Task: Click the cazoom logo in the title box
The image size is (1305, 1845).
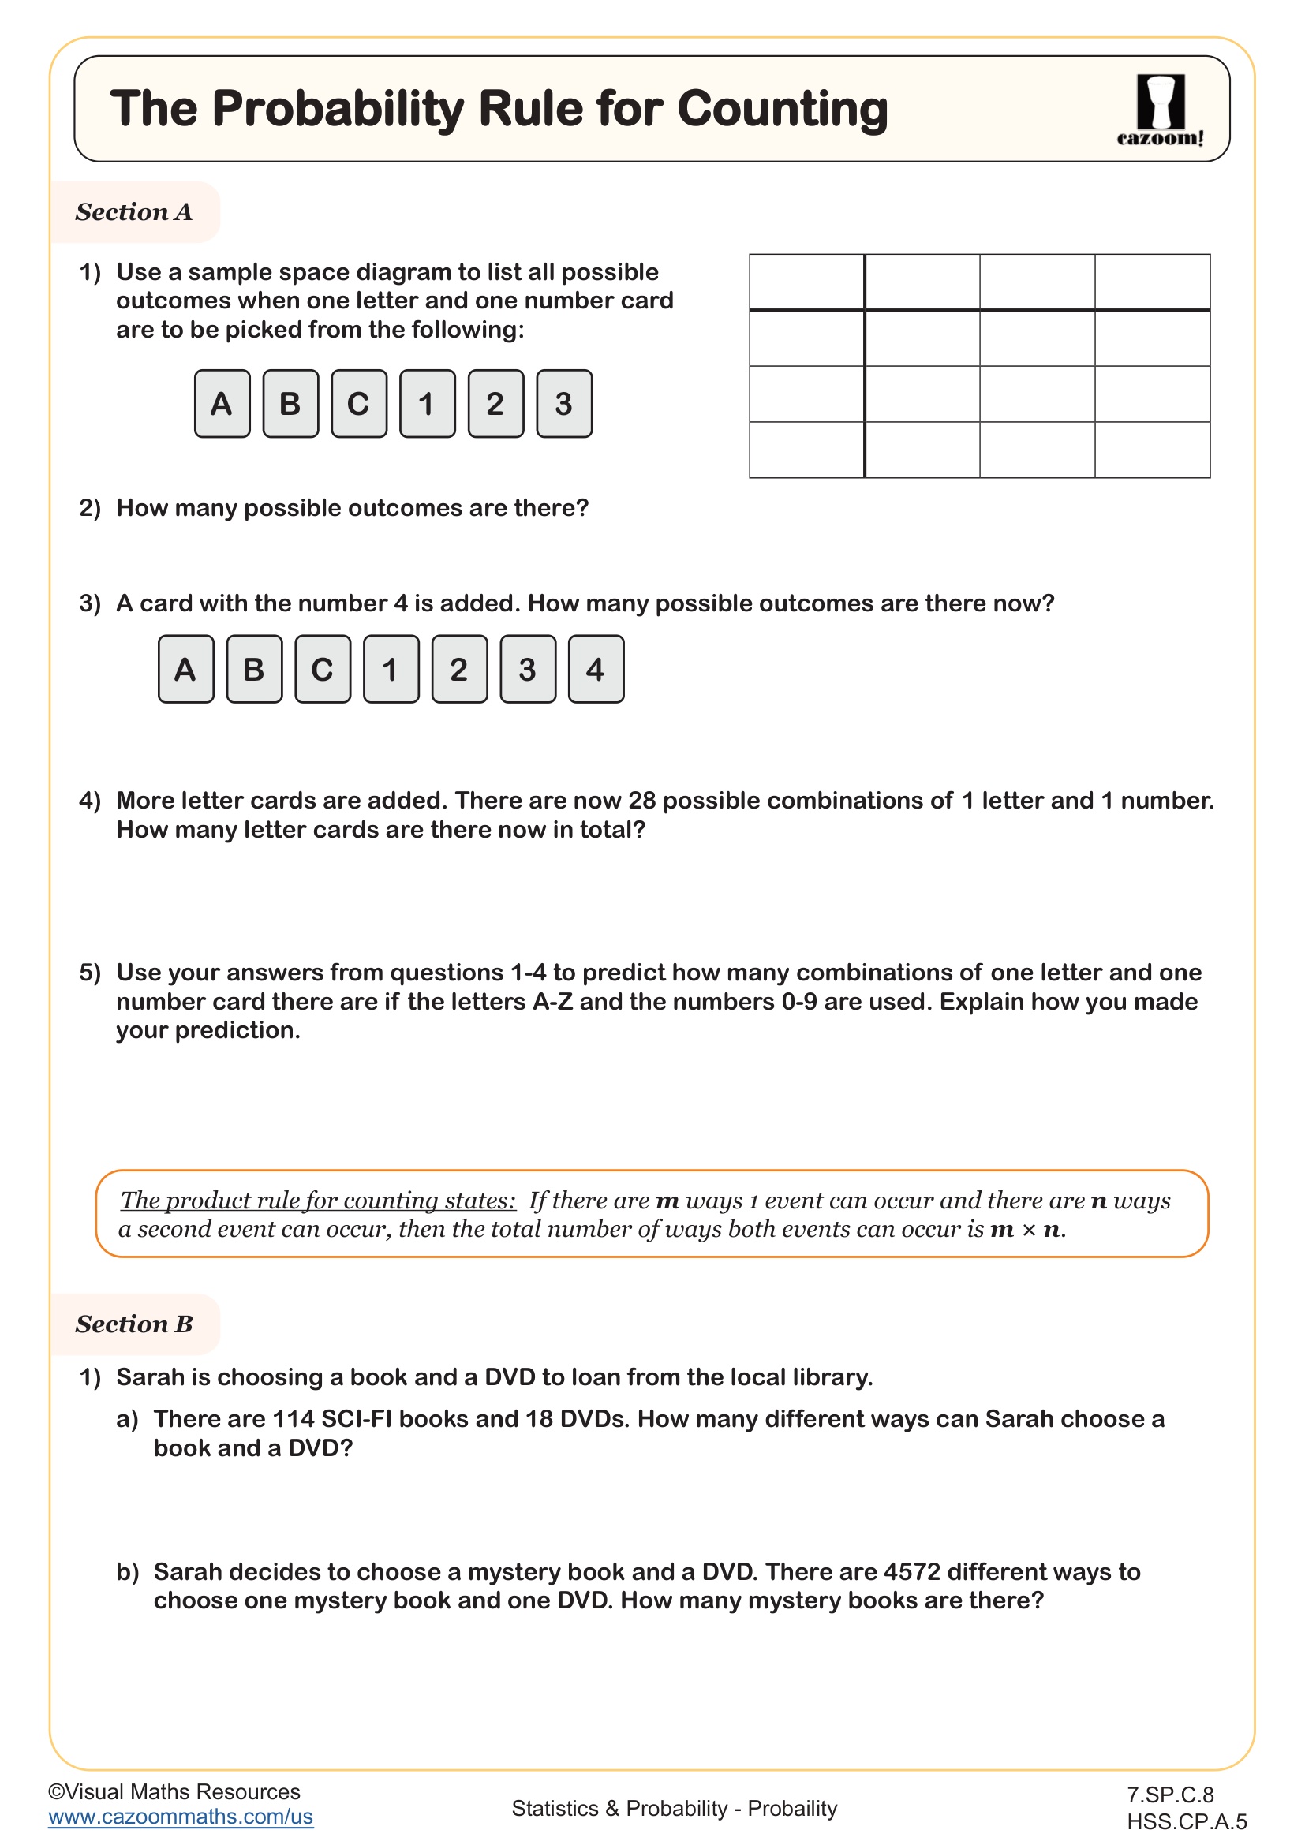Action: point(1160,110)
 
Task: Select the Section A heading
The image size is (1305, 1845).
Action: point(134,212)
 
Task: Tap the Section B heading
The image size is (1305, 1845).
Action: point(134,1324)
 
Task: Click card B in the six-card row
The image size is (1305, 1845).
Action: point(290,403)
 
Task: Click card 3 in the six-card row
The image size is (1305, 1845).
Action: point(563,403)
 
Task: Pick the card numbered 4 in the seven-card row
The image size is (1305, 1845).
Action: point(596,670)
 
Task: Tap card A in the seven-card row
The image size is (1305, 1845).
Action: point(185,670)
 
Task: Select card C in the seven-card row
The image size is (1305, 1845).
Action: point(322,670)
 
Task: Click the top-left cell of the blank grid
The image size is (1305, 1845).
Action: point(806,282)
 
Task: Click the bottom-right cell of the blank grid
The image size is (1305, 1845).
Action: point(1151,450)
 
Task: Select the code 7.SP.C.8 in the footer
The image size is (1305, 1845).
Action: point(1169,1795)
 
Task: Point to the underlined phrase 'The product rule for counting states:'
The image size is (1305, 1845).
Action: point(317,1200)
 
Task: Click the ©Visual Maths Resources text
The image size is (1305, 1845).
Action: point(174,1791)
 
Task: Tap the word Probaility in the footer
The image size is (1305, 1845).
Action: point(791,1808)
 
